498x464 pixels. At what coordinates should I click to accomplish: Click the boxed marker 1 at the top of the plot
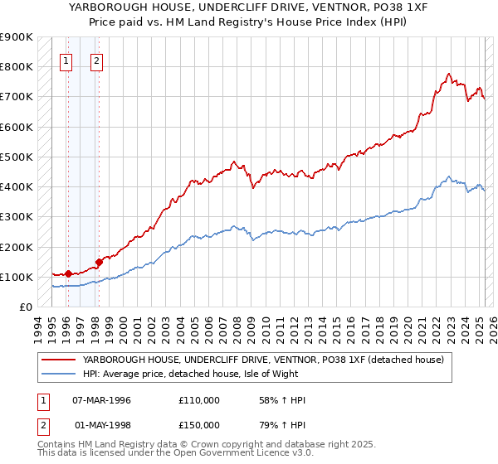tap(66, 60)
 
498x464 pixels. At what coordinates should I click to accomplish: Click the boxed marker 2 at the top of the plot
tap(96, 60)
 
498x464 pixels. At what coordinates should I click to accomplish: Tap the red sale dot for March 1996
tap(67, 273)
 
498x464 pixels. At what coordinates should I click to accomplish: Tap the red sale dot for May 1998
tap(99, 262)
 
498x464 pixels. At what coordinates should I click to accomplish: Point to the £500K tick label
tap(17, 157)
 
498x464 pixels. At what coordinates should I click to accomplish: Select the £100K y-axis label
tap(17, 277)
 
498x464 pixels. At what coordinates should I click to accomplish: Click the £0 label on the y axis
tap(25, 307)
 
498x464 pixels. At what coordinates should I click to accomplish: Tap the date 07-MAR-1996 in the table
tap(102, 400)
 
